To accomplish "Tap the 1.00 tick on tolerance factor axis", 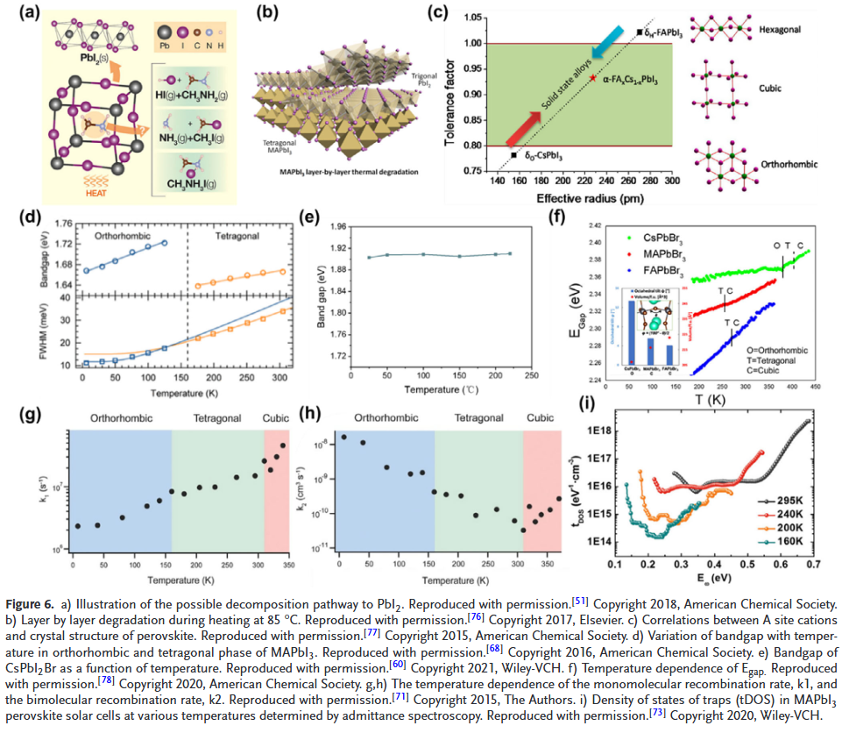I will tap(471, 43).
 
